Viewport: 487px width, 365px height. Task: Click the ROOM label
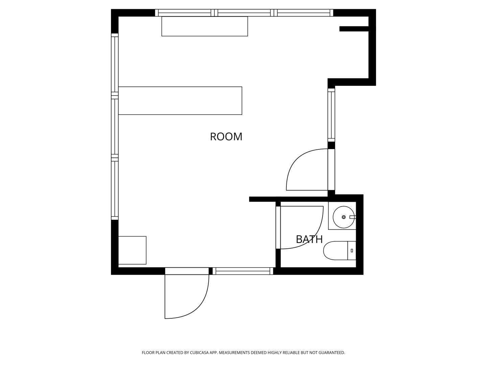pyautogui.click(x=226, y=137)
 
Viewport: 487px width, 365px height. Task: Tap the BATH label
pyautogui.click(x=309, y=239)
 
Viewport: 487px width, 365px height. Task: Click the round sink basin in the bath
pyautogui.click(x=344, y=217)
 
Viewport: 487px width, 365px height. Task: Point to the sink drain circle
pyautogui.click(x=344, y=217)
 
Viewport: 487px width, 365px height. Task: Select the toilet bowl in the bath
pyautogui.click(x=335, y=251)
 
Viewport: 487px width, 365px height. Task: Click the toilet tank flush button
pyautogui.click(x=352, y=251)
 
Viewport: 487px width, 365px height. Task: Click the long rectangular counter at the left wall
pyautogui.click(x=180, y=101)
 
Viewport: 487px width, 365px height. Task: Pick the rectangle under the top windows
pyautogui.click(x=205, y=26)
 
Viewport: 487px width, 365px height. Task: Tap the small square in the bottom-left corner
pyautogui.click(x=132, y=250)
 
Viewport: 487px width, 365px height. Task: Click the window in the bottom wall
pyautogui.click(x=243, y=271)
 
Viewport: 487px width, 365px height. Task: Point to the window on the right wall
pyautogui.click(x=331, y=115)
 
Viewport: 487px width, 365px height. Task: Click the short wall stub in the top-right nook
pyautogui.click(x=354, y=29)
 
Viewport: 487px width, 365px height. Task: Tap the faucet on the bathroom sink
pyautogui.click(x=352, y=217)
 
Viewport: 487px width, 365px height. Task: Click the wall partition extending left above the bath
pyautogui.click(x=288, y=199)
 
